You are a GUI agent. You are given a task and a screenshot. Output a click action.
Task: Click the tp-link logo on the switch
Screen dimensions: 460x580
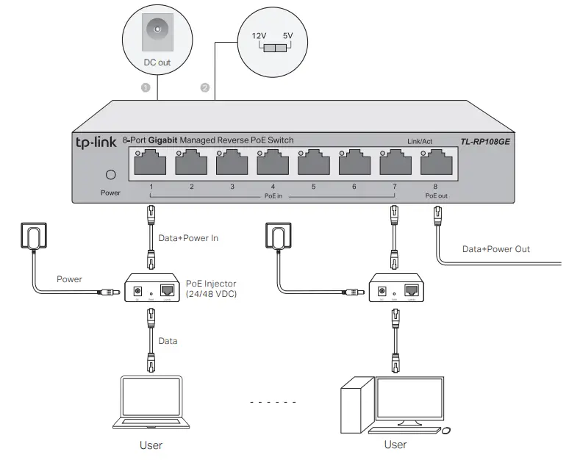tap(96, 140)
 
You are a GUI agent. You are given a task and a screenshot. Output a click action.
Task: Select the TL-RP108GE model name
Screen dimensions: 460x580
tap(485, 141)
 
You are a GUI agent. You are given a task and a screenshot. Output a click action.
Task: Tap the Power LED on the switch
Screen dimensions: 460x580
tap(111, 175)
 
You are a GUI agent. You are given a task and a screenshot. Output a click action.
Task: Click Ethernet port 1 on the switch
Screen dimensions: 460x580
tap(151, 163)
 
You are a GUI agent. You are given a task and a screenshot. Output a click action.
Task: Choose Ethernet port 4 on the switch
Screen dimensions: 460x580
tap(273, 163)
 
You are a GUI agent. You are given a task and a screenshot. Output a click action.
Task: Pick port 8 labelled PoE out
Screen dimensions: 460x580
tap(436, 163)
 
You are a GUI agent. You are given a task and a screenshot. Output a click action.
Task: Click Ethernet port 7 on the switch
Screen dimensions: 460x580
tap(395, 163)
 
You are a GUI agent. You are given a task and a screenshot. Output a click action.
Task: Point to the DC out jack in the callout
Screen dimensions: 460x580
tap(156, 32)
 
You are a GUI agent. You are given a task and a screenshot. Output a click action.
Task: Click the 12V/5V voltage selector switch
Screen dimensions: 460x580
tap(273, 48)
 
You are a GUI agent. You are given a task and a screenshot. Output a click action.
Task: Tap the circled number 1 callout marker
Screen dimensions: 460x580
tap(146, 87)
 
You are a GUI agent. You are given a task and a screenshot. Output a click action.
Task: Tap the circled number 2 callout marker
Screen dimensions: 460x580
tap(205, 87)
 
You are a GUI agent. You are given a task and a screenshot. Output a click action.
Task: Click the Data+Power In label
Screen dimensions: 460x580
tap(188, 238)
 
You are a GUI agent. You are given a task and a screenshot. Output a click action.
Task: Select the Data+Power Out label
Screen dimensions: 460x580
tap(495, 249)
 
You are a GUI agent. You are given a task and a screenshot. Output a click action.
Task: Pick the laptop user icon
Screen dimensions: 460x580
tap(151, 403)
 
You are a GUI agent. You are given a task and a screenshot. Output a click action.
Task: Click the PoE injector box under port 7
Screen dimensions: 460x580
tap(395, 288)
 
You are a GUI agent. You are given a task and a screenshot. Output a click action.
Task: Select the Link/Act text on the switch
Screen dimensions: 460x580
tap(420, 141)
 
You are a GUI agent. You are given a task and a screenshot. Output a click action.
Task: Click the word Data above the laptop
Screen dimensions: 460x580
tap(168, 341)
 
